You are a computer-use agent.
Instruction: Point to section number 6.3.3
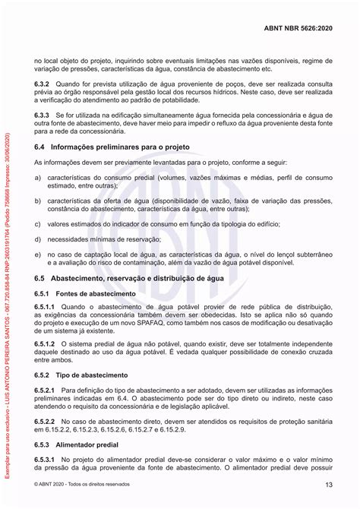43,114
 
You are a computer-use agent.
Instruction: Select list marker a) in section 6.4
38,176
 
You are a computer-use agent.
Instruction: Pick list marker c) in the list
38,224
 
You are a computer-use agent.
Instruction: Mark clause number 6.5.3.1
46,459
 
